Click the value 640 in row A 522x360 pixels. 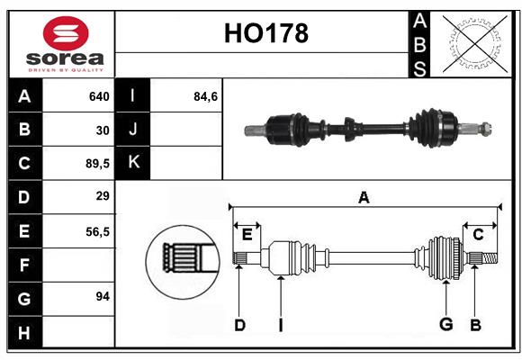pyautogui.click(x=98, y=96)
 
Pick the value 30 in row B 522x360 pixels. pyautogui.click(x=103, y=130)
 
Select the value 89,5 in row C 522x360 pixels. pyautogui.click(x=96, y=163)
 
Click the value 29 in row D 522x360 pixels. pyautogui.click(x=103, y=196)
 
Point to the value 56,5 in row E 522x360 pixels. pyautogui.click(x=96, y=230)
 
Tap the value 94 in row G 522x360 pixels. pyautogui.click(x=103, y=296)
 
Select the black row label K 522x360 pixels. pyautogui.click(x=134, y=163)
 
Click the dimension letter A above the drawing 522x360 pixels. pyautogui.click(x=364, y=198)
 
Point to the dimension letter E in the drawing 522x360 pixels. pyautogui.click(x=247, y=234)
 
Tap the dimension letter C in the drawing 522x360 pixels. pyautogui.click(x=479, y=234)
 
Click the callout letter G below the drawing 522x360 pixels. pyautogui.click(x=445, y=325)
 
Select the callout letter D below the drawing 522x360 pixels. pyautogui.click(x=239, y=325)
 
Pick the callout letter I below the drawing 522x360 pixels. pyautogui.click(x=280, y=325)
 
